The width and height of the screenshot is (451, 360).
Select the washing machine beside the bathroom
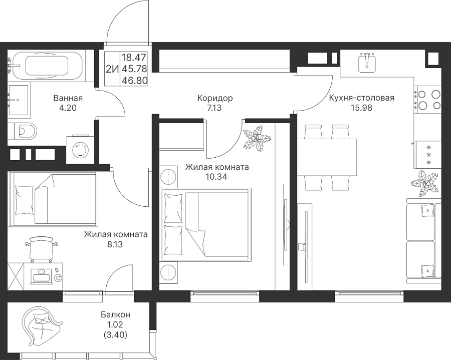[80, 149]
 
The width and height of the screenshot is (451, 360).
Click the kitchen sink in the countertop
[367, 63]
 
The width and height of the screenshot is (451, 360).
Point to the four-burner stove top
[427, 100]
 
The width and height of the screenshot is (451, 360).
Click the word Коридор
[215, 98]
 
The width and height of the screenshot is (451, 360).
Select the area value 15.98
[361, 108]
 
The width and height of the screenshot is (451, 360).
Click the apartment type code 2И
[112, 69]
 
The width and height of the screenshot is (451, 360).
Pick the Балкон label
[115, 314]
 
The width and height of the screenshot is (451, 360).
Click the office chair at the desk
[42, 248]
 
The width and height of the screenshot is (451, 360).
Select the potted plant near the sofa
[425, 183]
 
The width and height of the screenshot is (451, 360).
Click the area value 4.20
[68, 108]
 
